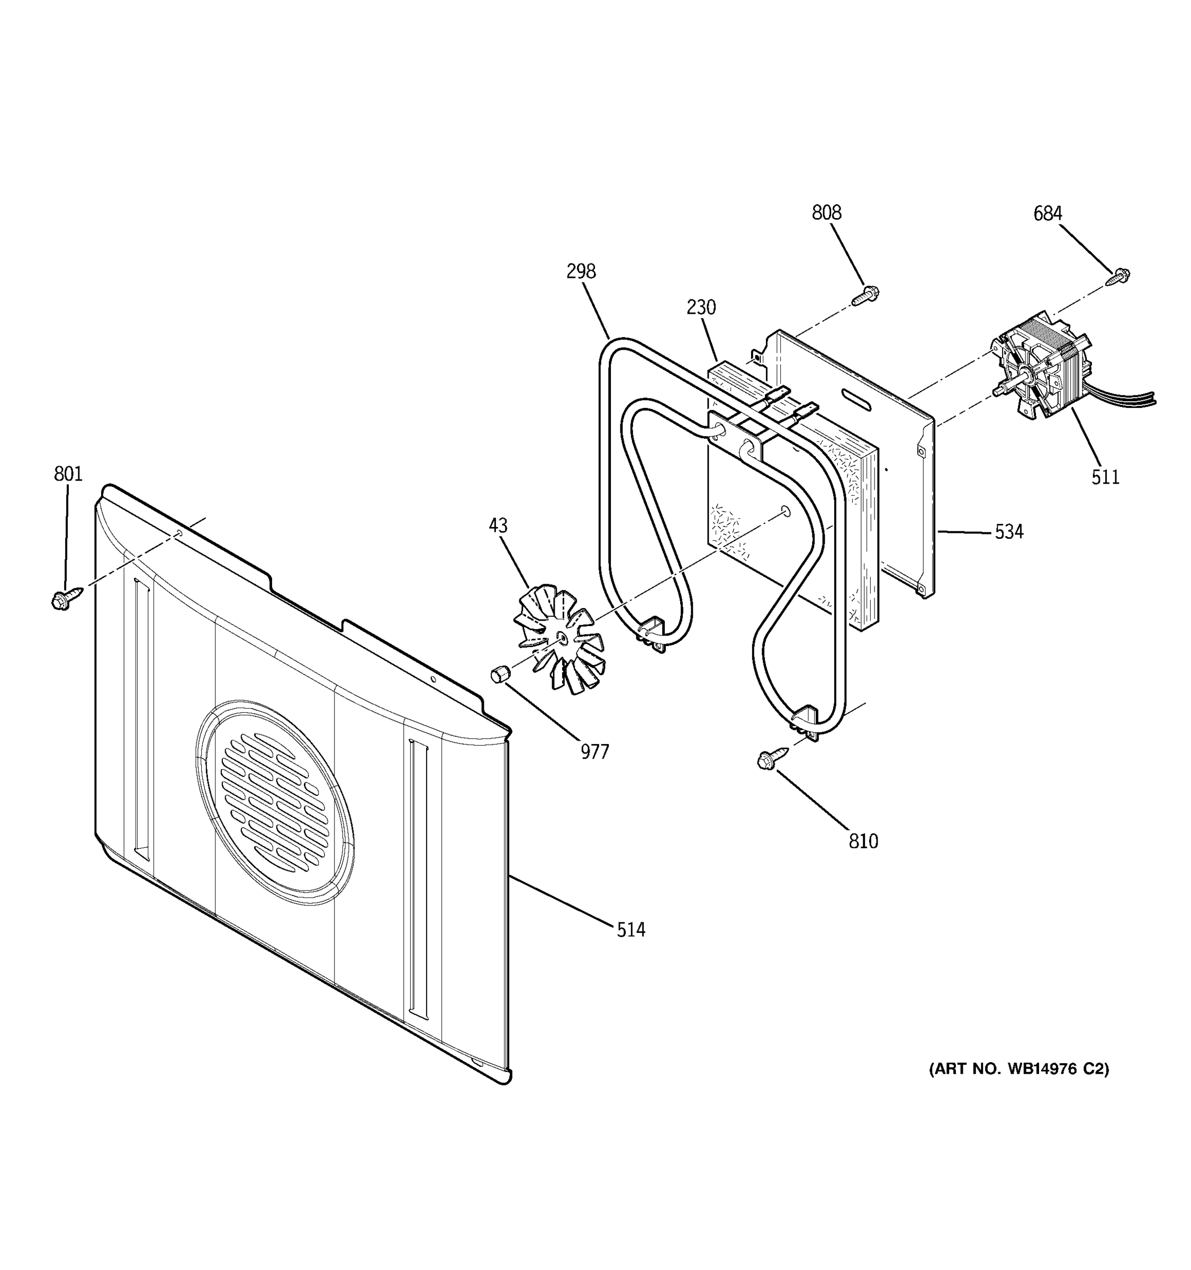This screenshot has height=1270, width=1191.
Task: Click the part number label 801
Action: click(x=68, y=474)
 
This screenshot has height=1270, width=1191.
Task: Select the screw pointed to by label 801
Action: click(x=65, y=598)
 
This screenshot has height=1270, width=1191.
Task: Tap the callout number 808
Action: click(x=826, y=213)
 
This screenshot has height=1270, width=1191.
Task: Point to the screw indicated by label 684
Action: click(x=1120, y=276)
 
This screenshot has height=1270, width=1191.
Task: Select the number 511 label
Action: click(x=1105, y=477)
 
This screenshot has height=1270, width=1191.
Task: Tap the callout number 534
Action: click(x=1008, y=531)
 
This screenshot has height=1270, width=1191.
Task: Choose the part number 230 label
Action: click(x=701, y=307)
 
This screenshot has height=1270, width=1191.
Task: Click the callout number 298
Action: click(x=581, y=271)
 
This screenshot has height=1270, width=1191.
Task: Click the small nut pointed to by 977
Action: click(x=499, y=673)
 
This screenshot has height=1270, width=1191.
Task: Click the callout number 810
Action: click(x=863, y=841)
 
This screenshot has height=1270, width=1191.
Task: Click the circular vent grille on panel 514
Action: click(x=275, y=802)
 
